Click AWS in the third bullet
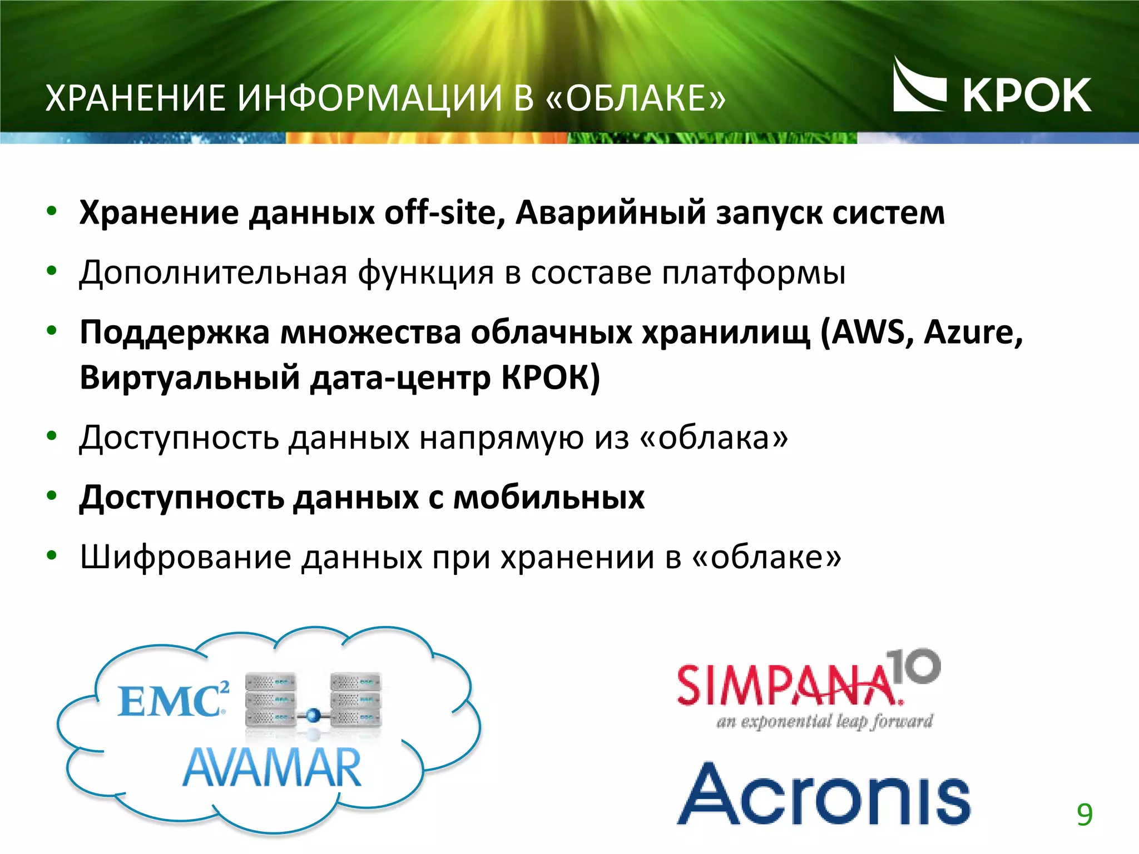868,332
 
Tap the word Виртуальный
190,378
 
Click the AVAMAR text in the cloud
272,768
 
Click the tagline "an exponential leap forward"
824,722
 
